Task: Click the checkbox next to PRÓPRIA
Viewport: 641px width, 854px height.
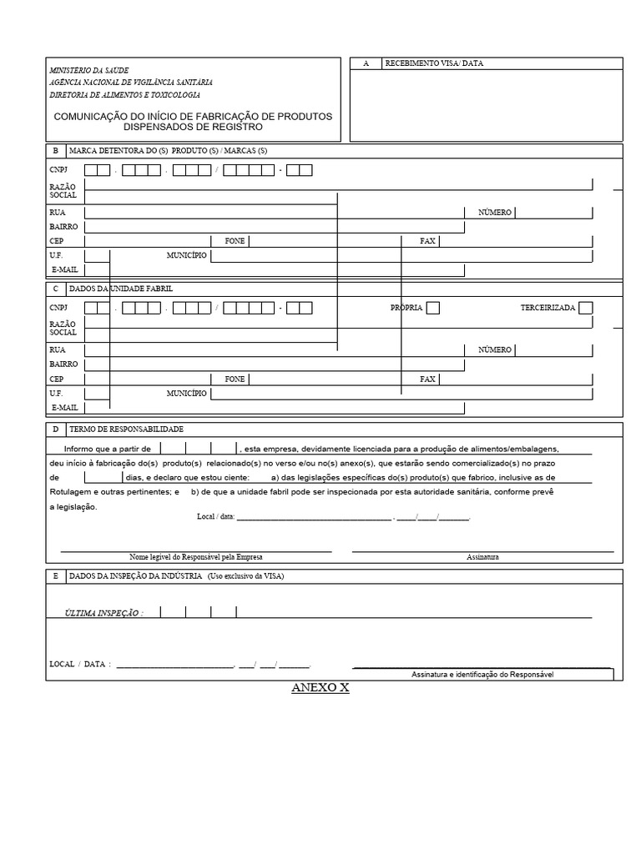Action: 432,308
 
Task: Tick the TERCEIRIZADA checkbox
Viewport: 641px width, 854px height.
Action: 586,308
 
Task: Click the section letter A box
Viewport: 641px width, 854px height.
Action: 366,63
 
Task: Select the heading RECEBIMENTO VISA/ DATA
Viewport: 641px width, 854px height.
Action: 434,63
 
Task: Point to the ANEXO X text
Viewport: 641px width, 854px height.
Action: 320,688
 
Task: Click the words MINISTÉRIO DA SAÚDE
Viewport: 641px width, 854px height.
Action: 90,70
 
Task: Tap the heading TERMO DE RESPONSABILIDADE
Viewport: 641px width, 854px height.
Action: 127,429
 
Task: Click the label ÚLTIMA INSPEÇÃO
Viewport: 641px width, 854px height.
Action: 103,613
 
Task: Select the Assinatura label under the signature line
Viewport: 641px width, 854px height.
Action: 482,557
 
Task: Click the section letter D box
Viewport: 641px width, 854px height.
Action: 55,429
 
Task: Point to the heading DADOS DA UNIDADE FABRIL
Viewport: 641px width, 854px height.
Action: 123,289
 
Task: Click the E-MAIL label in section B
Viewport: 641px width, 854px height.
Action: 64,270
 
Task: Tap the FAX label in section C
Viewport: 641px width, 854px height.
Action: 428,379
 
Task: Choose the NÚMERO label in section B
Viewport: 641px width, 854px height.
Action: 495,213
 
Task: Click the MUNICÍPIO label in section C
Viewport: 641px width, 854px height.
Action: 187,393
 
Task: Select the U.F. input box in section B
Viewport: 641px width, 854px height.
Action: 97,255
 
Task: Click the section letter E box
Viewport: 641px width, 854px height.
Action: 55,576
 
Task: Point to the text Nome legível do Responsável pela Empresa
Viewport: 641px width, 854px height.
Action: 195,557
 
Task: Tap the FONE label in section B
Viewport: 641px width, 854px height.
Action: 235,241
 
